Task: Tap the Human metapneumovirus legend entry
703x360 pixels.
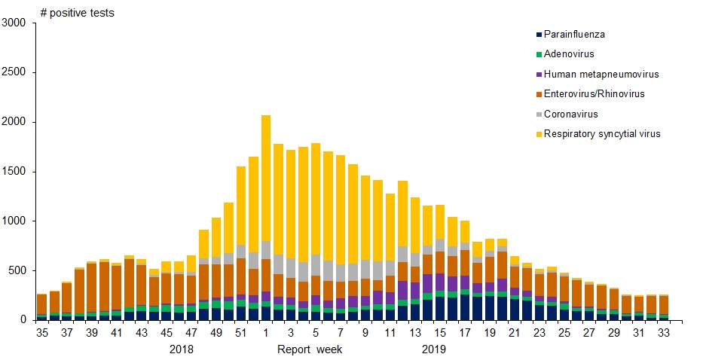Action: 601,74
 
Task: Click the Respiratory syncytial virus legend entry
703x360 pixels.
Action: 602,134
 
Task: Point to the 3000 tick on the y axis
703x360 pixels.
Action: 15,23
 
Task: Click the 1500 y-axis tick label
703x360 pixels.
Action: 15,172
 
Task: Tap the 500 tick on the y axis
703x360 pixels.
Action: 18,270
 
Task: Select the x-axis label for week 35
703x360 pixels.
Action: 41,331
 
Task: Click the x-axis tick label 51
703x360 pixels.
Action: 240,331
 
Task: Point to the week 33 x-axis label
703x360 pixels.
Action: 664,331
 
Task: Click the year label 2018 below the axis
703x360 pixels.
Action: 182,349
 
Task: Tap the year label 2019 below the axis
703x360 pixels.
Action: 434,349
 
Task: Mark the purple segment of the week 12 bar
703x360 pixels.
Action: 402,290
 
